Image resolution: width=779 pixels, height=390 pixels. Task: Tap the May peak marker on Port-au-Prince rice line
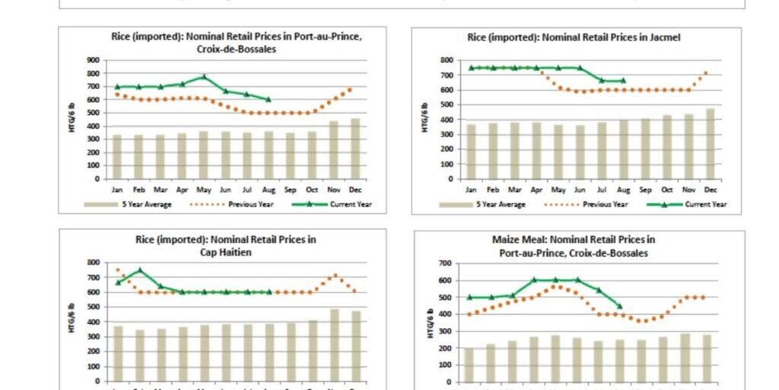pos(204,77)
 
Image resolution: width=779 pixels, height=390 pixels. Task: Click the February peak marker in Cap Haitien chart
pos(139,270)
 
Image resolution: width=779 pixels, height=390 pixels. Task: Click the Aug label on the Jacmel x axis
pos(624,188)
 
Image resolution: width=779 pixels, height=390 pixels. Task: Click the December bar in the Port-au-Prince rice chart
pos(355,149)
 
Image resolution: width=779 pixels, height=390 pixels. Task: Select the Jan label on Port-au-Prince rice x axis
pos(116,188)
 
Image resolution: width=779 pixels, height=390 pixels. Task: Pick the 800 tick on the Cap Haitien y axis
pos(94,263)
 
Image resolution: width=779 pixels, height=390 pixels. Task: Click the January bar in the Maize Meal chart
pos(469,365)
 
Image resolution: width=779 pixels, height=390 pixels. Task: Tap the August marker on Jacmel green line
pos(624,80)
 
